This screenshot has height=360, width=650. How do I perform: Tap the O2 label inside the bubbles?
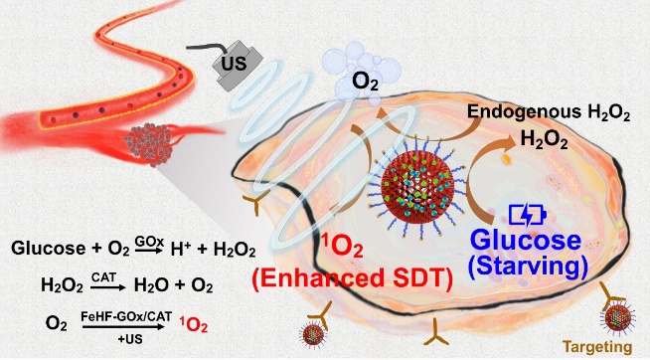pos(365,82)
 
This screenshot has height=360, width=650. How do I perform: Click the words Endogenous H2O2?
pos(549,112)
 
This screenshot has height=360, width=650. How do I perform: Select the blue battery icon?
pos(527,215)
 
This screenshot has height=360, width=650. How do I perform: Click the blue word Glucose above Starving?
pos(526,241)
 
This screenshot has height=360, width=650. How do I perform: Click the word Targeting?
pos(597,347)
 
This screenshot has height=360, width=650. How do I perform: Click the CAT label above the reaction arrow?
pos(103,277)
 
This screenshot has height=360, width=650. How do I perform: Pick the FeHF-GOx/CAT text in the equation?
pos(126,317)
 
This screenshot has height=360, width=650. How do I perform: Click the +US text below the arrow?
pos(130,339)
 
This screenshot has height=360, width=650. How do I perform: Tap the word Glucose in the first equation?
pos(48,249)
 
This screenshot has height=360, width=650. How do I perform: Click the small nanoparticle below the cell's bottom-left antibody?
pos(313,334)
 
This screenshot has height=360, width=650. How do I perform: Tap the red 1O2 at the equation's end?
pos(194,325)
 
